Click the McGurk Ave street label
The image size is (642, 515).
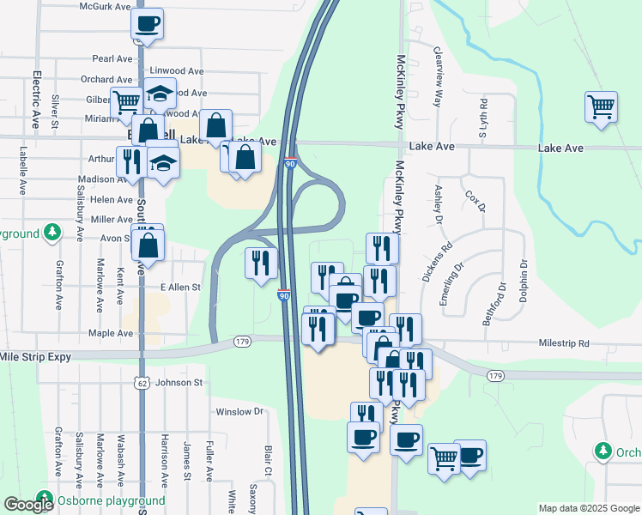click(x=105, y=6)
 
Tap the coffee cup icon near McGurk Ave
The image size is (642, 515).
click(x=147, y=24)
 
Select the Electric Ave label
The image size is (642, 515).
click(x=37, y=100)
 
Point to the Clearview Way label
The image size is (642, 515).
click(x=437, y=76)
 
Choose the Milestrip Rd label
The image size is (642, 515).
click(x=564, y=343)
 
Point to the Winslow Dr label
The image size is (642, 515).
click(x=239, y=412)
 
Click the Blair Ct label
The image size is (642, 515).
click(x=268, y=460)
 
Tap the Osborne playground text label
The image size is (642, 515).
click(x=111, y=500)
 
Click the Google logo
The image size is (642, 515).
click(x=28, y=505)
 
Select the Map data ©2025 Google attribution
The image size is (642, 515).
click(x=589, y=508)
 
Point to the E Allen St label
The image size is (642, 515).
click(x=179, y=287)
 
